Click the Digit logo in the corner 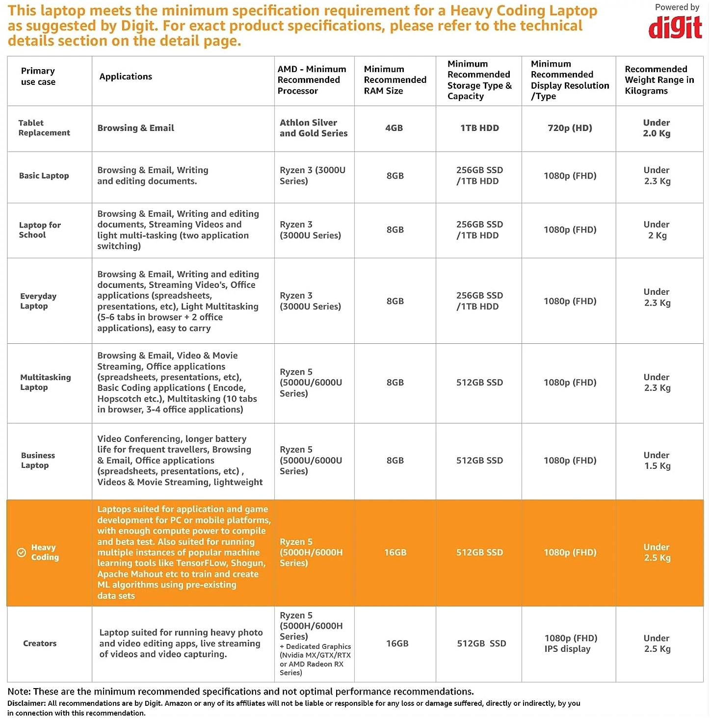(675, 27)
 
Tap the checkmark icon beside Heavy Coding (22, 553)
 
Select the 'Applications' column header (126, 77)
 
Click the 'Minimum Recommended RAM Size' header (395, 80)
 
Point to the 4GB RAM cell (394, 128)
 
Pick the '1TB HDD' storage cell (479, 128)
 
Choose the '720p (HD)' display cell (570, 128)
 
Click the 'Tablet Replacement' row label (44, 128)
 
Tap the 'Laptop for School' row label (40, 230)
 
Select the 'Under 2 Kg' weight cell (657, 230)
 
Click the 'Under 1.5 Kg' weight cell (657, 461)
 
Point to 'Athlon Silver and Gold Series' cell (314, 128)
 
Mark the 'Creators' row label (40, 643)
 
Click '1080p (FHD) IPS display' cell (570, 643)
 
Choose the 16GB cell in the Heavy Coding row (395, 553)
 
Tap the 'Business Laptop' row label (38, 461)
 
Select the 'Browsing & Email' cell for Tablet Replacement (136, 128)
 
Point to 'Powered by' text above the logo (677, 7)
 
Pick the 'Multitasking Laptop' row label (45, 383)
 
